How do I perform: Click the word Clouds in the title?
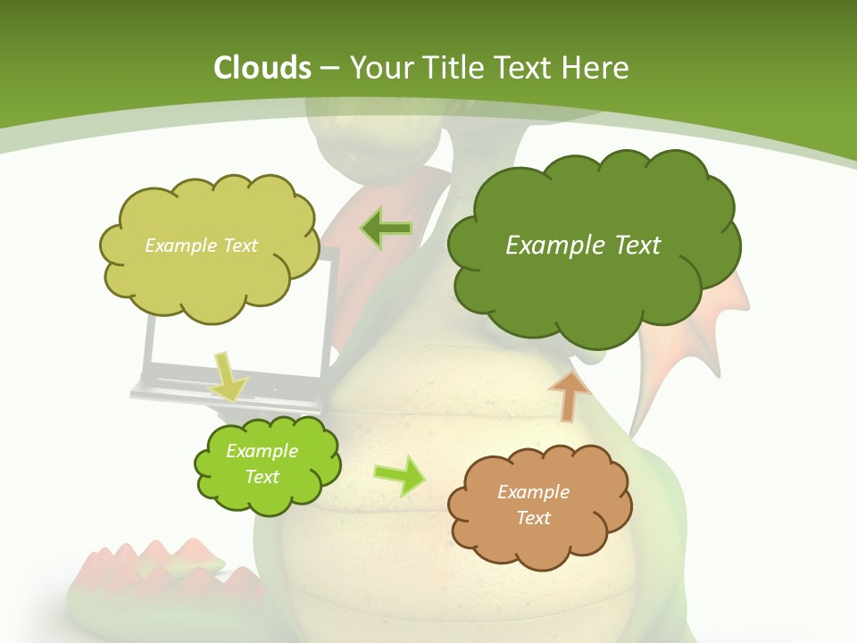point(262,68)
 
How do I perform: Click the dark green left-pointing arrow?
point(387,229)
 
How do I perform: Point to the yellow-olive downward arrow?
point(229,376)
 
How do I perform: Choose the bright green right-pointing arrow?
point(400,475)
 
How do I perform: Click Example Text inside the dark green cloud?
point(583,246)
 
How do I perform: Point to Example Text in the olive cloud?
point(201,246)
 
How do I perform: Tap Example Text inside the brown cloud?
point(533,505)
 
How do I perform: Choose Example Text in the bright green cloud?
point(262,463)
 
